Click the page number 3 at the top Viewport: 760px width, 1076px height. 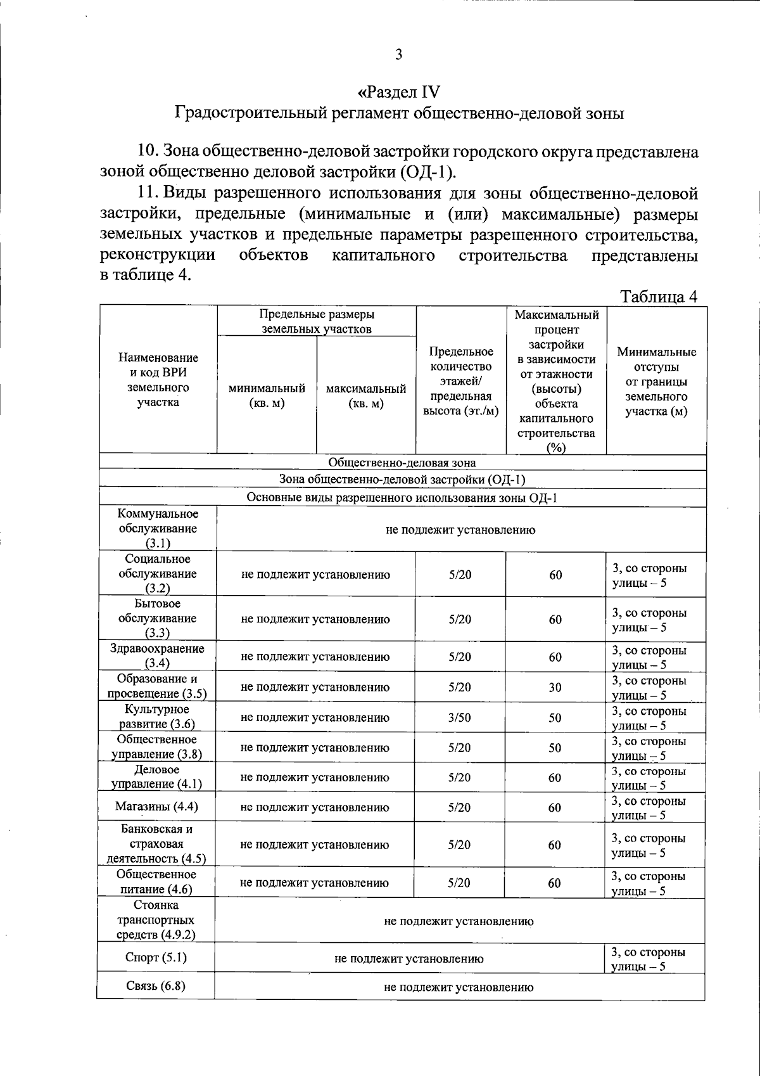pyautogui.click(x=398, y=54)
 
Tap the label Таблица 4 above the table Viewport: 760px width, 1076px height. pyautogui.click(x=659, y=297)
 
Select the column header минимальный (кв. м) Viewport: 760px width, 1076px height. pyautogui.click(x=267, y=396)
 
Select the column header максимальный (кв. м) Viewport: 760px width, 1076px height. pyautogui.click(x=365, y=396)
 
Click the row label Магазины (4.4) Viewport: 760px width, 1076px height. pyautogui.click(x=156, y=807)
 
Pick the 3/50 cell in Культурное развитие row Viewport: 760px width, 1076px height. pyautogui.click(x=460, y=717)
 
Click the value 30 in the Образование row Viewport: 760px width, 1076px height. pyautogui.click(x=555, y=687)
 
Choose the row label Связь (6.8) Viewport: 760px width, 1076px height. pyautogui.click(x=155, y=985)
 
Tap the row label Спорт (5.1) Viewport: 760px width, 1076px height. pyautogui.click(x=156, y=957)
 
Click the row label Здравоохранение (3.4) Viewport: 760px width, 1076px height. pyautogui.click(x=157, y=656)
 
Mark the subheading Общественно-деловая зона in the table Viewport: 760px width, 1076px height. pyautogui.click(x=402, y=463)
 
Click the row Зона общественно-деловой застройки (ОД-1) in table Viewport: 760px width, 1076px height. pyautogui.click(x=402, y=480)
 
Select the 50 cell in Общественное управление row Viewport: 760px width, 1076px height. pyautogui.click(x=555, y=748)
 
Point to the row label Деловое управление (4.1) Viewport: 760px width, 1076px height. pyautogui.click(x=156, y=777)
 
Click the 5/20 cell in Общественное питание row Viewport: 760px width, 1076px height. pyautogui.click(x=459, y=883)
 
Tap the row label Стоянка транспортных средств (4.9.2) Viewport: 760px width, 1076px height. pyautogui.click(x=156, y=919)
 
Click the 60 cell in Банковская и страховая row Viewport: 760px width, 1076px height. pyautogui.click(x=555, y=845)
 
